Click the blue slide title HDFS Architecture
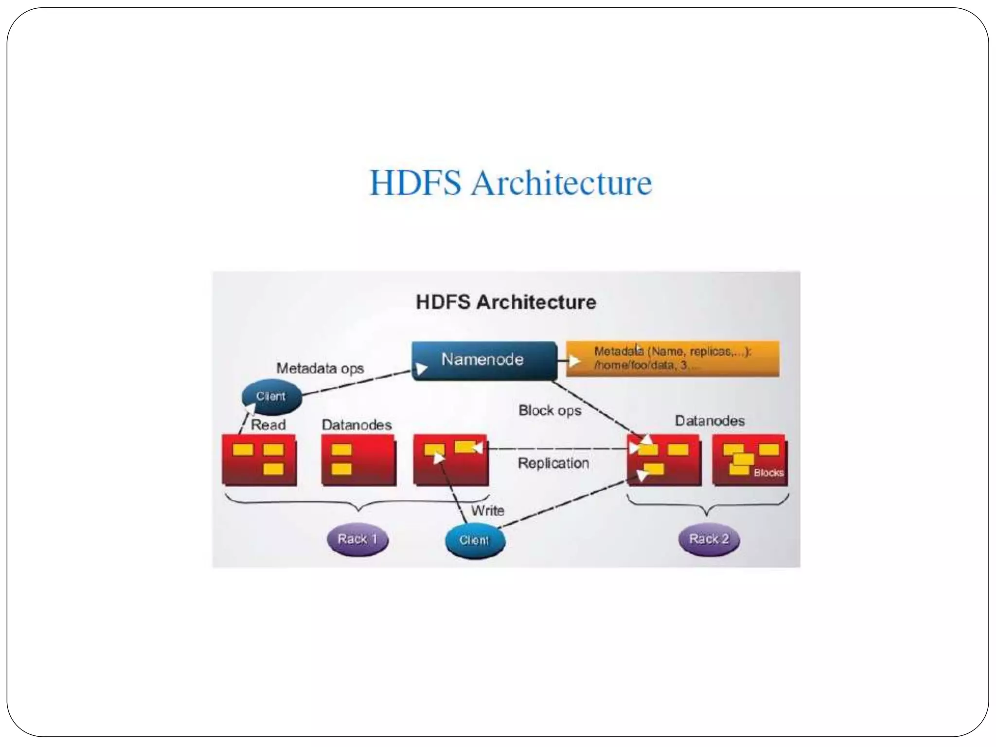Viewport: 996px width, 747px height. coord(511,183)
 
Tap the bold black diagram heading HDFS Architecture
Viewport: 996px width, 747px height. coord(506,302)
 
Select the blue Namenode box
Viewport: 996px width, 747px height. coord(484,360)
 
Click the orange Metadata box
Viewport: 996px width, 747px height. coord(672,358)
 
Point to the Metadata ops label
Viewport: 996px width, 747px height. coord(320,368)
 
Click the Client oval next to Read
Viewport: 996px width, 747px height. coord(271,396)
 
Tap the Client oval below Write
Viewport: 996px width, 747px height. coord(475,540)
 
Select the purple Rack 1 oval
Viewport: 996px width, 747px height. coord(357,539)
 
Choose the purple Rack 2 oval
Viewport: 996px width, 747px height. coord(709,539)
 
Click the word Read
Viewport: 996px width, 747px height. coord(268,425)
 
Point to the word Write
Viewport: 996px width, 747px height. coord(487,511)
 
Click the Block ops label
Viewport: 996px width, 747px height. coord(550,410)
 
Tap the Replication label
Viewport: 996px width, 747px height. coord(553,463)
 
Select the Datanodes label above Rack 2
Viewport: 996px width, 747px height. coord(710,421)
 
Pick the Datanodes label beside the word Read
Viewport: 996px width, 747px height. coord(356,425)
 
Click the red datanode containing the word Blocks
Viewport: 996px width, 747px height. coord(749,460)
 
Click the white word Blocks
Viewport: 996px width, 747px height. coord(768,473)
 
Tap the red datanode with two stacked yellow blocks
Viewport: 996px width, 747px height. coord(358,460)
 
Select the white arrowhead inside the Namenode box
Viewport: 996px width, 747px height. coord(421,369)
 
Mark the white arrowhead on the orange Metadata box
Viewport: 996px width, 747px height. coord(574,360)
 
